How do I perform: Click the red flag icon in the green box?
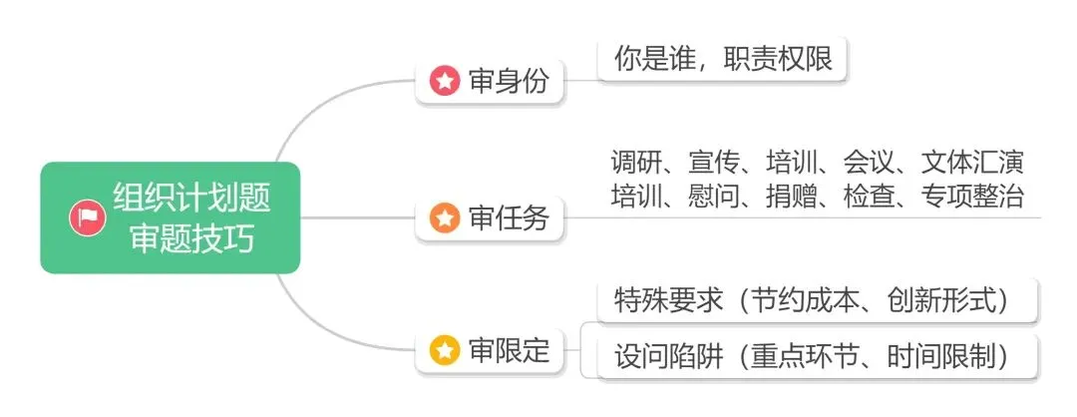coord(88,217)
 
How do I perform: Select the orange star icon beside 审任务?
coord(445,216)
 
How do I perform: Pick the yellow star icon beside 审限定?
coord(445,350)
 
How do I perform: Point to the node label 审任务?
coord(509,216)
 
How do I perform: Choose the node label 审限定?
coord(509,350)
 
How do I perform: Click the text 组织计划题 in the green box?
coord(191,198)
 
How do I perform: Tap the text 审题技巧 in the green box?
coord(191,239)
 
